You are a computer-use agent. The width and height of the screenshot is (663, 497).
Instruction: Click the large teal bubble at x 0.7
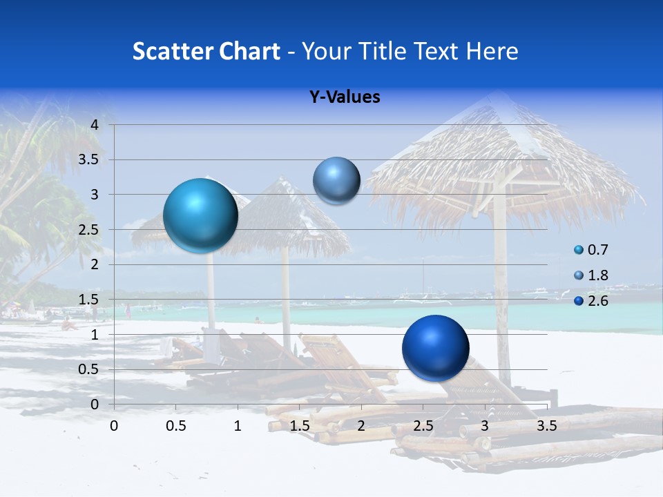[x=200, y=215]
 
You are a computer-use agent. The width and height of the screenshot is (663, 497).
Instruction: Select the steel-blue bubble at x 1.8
[x=336, y=180]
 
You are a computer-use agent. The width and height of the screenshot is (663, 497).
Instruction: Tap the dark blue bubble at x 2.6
[x=435, y=348]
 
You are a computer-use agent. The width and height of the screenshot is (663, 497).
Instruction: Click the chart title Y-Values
[x=345, y=97]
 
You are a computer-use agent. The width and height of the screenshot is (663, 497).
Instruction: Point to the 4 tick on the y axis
[x=95, y=125]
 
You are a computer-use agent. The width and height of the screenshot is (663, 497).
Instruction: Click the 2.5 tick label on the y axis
[x=89, y=230]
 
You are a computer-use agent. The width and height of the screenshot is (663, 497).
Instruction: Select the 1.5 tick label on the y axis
[x=89, y=300]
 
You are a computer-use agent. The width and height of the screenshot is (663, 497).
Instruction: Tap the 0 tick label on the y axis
[x=95, y=404]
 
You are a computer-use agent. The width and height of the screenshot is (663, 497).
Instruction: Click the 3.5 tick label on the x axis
[x=546, y=426]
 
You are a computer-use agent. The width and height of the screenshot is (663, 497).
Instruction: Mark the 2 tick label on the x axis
[x=361, y=426]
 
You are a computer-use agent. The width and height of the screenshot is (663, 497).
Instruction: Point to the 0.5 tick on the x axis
[x=175, y=426]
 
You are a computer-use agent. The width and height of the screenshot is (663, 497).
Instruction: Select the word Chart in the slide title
[x=249, y=51]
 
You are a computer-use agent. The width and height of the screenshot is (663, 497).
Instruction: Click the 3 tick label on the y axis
[x=95, y=195]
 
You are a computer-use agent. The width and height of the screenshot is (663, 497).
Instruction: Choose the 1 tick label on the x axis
[x=238, y=426]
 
